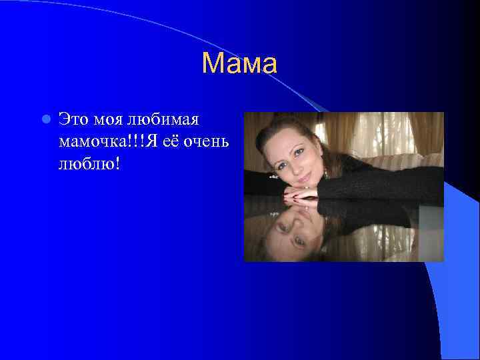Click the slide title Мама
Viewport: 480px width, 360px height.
239,64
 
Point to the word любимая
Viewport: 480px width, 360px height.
171,119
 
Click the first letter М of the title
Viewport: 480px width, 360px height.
211,64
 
